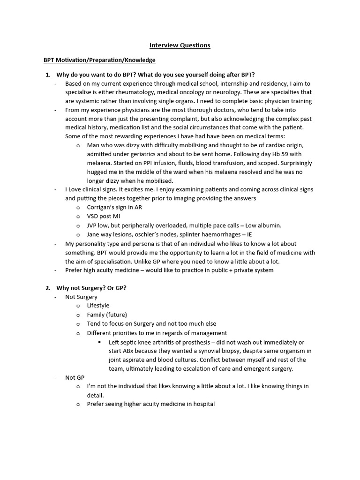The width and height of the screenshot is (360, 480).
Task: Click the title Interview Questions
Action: (x=180, y=45)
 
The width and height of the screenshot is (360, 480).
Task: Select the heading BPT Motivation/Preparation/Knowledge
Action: (x=99, y=60)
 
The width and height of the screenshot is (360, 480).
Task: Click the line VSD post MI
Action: (x=104, y=216)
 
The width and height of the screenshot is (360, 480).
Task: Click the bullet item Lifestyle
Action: (x=98, y=306)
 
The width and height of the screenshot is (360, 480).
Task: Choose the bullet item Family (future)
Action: (x=107, y=315)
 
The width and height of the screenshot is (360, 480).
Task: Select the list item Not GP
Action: (x=75, y=377)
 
